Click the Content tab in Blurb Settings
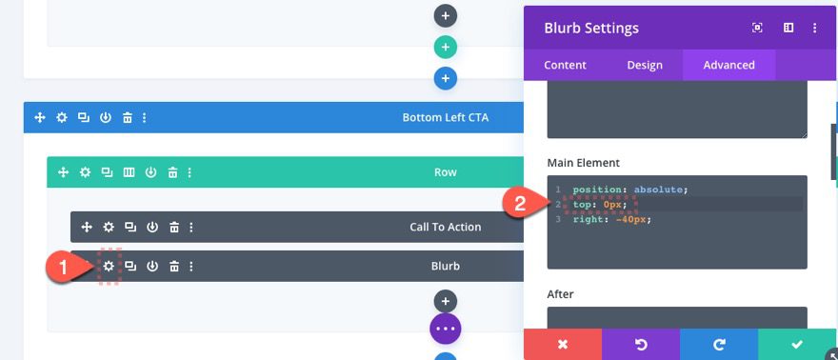click(565, 65)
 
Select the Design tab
click(644, 65)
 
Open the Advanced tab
click(728, 65)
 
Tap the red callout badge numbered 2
click(520, 204)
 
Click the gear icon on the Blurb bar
click(109, 266)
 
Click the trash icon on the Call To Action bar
click(173, 228)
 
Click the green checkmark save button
click(797, 344)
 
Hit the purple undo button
click(641, 344)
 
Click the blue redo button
click(719, 344)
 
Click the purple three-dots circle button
click(446, 328)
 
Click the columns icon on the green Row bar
click(129, 172)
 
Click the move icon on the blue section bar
click(40, 117)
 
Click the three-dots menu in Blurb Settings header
click(815, 29)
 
